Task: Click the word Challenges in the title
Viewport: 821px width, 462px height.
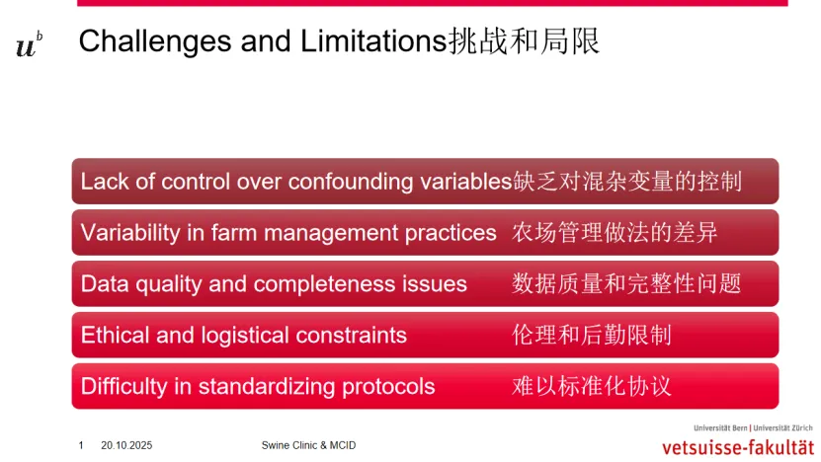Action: pyautogui.click(x=155, y=41)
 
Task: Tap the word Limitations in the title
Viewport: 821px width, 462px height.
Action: pyautogui.click(x=373, y=40)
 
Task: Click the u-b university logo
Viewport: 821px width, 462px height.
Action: pyautogui.click(x=30, y=45)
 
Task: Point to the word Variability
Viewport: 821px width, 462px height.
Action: pyautogui.click(x=130, y=233)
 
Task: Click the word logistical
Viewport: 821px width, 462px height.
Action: pyautogui.click(x=245, y=336)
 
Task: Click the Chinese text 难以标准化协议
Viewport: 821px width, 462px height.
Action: pyautogui.click(x=591, y=386)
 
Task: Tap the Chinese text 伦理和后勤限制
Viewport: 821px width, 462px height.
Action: pyautogui.click(x=591, y=335)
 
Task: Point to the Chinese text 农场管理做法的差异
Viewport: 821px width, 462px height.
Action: pyautogui.click(x=615, y=232)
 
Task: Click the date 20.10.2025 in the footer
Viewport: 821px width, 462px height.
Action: pyautogui.click(x=126, y=445)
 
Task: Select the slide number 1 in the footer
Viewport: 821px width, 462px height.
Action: pyautogui.click(x=81, y=445)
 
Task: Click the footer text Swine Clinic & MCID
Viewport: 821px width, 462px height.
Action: pyautogui.click(x=308, y=445)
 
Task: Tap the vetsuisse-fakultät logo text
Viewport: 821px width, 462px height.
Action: pyautogui.click(x=738, y=448)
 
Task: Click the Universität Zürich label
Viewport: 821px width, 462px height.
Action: pyautogui.click(x=782, y=428)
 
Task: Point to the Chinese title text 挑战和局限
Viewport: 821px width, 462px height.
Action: pyautogui.click(x=524, y=41)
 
